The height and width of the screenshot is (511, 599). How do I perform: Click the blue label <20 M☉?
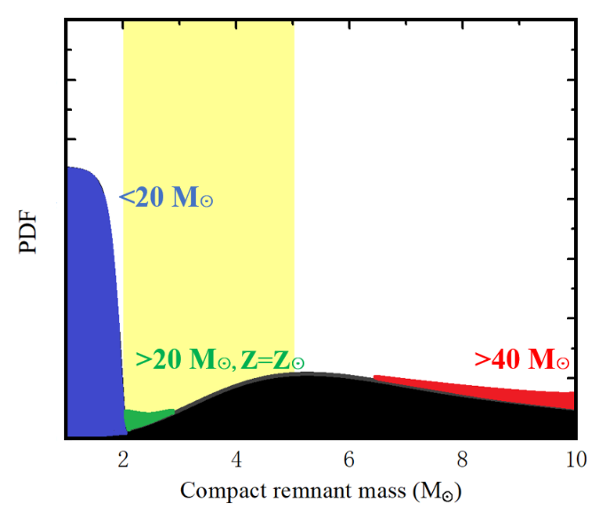pyautogui.click(x=167, y=198)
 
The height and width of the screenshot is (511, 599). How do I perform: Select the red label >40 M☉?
pyautogui.click(x=521, y=359)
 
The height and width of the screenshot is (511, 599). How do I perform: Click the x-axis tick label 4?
pyautogui.click(x=236, y=458)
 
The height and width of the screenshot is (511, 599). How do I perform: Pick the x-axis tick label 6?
pyautogui.click(x=350, y=458)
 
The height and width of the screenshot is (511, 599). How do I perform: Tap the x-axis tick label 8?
pyautogui.click(x=462, y=458)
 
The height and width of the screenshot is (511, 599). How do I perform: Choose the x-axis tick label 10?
pyautogui.click(x=574, y=458)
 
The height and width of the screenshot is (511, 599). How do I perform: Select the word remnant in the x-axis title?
pyautogui.click(x=293, y=490)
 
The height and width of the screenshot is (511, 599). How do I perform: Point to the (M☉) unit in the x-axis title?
pyautogui.click(x=412, y=490)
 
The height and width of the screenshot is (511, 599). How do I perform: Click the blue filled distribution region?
pyautogui.click(x=91, y=302)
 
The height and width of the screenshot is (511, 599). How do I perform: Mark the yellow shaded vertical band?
pyautogui.click(x=209, y=177)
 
